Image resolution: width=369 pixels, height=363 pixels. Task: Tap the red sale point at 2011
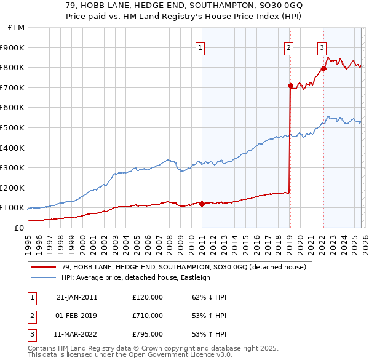(x=202, y=204)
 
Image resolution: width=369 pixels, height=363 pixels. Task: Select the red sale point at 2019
(x=290, y=86)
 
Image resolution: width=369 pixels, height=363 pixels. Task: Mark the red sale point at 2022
(x=323, y=68)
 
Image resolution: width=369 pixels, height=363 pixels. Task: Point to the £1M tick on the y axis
(x=17, y=28)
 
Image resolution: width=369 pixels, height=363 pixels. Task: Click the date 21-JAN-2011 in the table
(x=77, y=297)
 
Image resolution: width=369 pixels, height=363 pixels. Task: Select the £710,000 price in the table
(x=147, y=316)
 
